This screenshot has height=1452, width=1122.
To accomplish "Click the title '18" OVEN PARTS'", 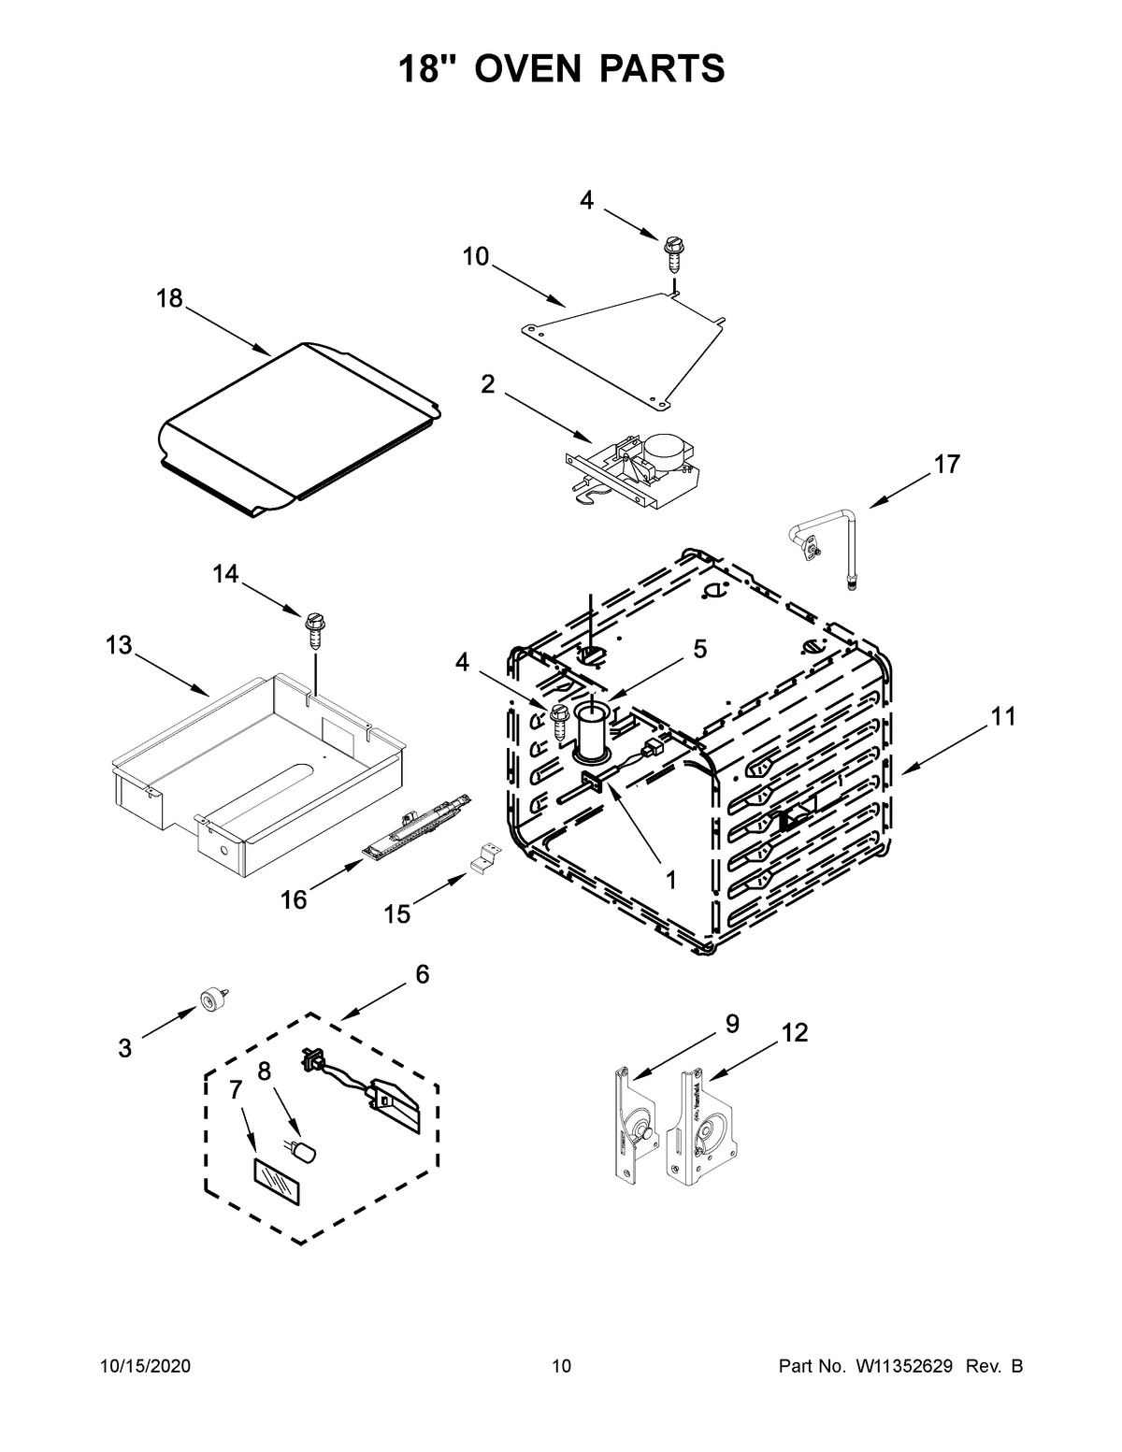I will pyautogui.click(x=561, y=68).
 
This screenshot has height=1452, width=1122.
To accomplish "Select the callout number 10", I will pyautogui.click(x=475, y=256).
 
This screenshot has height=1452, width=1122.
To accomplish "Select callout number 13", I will pyautogui.click(x=119, y=646).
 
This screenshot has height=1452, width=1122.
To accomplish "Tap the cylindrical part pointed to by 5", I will pyautogui.click(x=591, y=731).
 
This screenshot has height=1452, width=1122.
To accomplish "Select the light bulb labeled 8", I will pyautogui.click(x=304, y=1154).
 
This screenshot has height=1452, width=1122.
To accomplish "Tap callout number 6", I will pyautogui.click(x=422, y=974).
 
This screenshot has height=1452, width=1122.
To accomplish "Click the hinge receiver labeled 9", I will pyautogui.click(x=631, y=1122).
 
